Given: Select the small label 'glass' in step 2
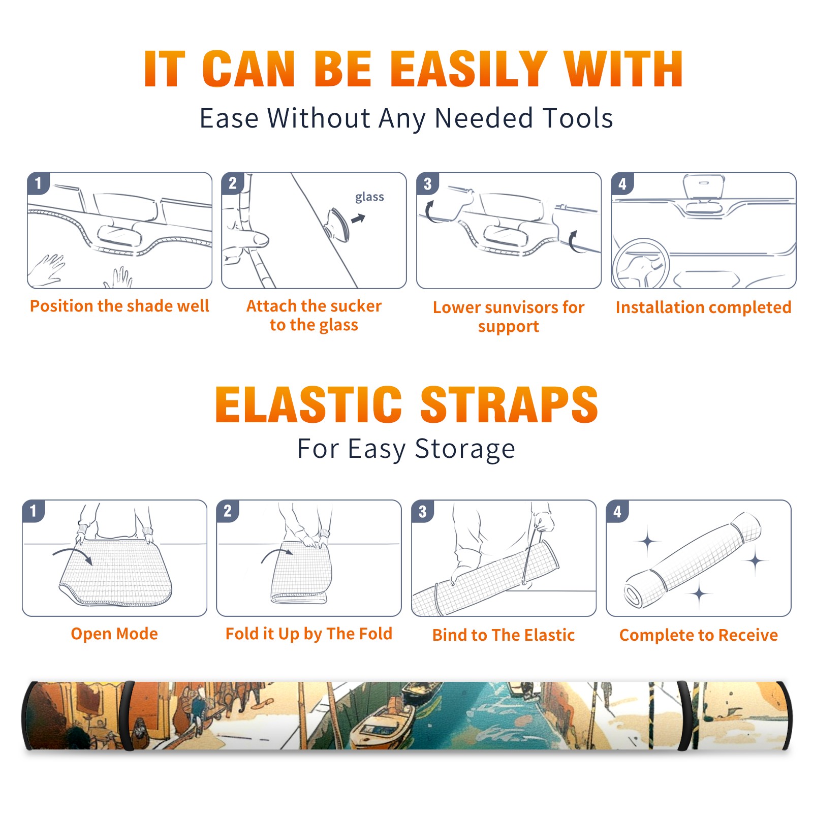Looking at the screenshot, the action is (369, 197).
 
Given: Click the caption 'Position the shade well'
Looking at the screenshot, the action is (119, 306).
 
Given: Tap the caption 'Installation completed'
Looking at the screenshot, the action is (703, 307).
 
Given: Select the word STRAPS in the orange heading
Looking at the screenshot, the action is (509, 404).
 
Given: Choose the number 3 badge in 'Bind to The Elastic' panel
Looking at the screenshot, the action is (423, 511).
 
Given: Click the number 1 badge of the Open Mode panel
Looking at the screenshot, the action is (34, 511).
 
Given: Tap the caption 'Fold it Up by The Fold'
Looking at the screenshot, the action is (309, 634).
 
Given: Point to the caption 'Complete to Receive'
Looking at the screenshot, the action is (699, 635).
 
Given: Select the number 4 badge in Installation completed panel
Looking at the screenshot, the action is (622, 183).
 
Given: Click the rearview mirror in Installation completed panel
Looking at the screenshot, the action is (703, 186).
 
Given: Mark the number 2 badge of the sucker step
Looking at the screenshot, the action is (233, 183).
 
